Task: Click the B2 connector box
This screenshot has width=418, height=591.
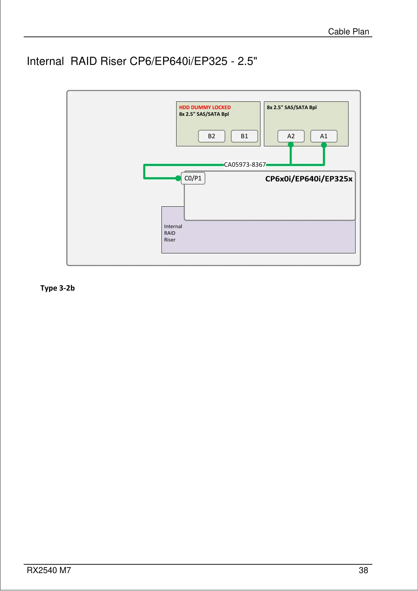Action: [x=211, y=136]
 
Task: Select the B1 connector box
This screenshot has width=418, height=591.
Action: [x=244, y=136]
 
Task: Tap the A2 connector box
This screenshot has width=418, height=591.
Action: [x=291, y=136]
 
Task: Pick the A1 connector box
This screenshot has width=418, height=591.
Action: [x=324, y=136]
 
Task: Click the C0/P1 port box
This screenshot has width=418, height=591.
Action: [x=193, y=178]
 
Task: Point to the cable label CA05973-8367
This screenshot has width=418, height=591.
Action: [x=245, y=165]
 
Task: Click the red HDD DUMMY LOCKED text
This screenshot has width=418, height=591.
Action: [x=205, y=107]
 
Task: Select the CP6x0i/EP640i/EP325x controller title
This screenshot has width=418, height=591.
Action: [x=308, y=179]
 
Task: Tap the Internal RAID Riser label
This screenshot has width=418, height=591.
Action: [x=173, y=233]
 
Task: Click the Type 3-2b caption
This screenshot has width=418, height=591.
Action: [x=58, y=288]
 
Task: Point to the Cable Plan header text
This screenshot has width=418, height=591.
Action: [x=349, y=32]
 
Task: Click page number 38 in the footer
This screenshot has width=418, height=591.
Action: [x=363, y=570]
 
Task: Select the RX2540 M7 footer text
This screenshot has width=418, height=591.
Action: [x=49, y=570]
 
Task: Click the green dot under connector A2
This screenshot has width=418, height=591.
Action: [x=291, y=145]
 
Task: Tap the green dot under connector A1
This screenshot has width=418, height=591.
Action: [x=324, y=145]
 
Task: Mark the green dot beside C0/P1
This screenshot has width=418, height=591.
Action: [x=178, y=178]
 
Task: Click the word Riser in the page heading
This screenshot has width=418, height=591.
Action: [x=113, y=61]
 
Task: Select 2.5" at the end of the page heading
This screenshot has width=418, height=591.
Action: [x=247, y=61]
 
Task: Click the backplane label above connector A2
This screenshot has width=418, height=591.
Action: [x=292, y=107]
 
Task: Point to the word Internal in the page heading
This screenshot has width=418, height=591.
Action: [x=45, y=61]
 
